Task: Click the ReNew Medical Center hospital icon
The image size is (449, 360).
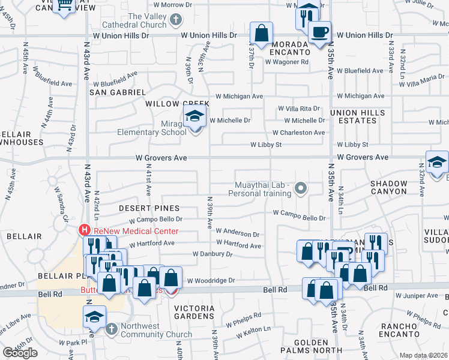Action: pyautogui.click(x=85, y=230)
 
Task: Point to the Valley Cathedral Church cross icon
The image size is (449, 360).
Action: pyautogui.click(x=176, y=20)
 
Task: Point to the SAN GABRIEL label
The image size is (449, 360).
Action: pyautogui.click(x=118, y=92)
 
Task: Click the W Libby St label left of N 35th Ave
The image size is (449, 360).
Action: pyautogui.click(x=267, y=145)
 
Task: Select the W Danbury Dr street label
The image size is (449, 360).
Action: pyautogui.click(x=212, y=254)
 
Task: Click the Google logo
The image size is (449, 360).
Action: pyautogui.click(x=20, y=353)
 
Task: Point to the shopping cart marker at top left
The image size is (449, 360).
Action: pyautogui.click(x=64, y=5)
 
